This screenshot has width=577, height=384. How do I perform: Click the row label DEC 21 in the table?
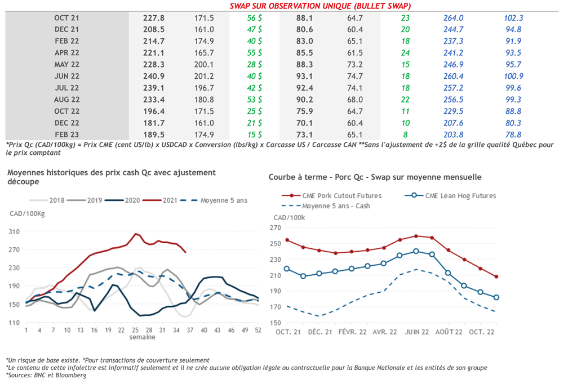[66, 29]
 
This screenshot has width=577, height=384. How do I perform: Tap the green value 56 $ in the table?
[254, 18]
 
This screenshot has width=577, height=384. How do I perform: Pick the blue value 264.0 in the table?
[454, 18]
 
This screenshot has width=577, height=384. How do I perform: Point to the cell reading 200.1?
[203, 64]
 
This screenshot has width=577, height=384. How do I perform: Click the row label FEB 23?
[66, 135]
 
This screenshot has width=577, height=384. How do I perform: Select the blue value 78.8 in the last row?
[512, 135]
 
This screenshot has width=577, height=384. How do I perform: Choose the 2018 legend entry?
[56, 200]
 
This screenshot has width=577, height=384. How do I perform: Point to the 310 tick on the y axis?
[15, 231]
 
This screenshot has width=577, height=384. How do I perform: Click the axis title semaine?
[143, 337]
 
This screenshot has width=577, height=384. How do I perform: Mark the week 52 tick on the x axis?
[258, 330]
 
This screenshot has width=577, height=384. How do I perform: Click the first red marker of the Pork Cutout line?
[287, 240]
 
